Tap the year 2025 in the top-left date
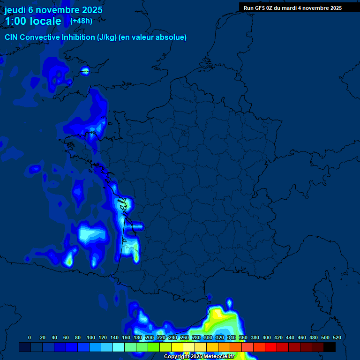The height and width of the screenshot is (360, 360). pyautogui.click(x=90, y=10)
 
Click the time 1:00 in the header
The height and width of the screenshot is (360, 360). pyautogui.click(x=16, y=21)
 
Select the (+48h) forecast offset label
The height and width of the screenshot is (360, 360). pyautogui.click(x=81, y=21)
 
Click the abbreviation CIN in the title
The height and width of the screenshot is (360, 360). pyautogui.click(x=11, y=37)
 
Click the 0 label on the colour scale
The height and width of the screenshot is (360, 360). pyautogui.click(x=30, y=337)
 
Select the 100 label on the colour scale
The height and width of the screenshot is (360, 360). pyautogui.click(x=91, y=337)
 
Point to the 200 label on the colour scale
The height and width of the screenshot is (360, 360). pyautogui.click(x=150, y=337)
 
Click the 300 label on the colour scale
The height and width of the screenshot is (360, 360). pyautogui.click(x=208, y=337)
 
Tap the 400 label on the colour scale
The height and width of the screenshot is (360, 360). pyautogui.click(x=267, y=337)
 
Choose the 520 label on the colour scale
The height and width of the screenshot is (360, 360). pyautogui.click(x=337, y=337)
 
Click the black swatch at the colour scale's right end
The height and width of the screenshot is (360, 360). pyautogui.click(x=330, y=347)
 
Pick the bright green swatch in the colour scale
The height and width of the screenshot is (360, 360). pyautogui.click(x=154, y=347)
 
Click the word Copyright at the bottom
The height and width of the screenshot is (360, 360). pyautogui.click(x=177, y=357)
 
